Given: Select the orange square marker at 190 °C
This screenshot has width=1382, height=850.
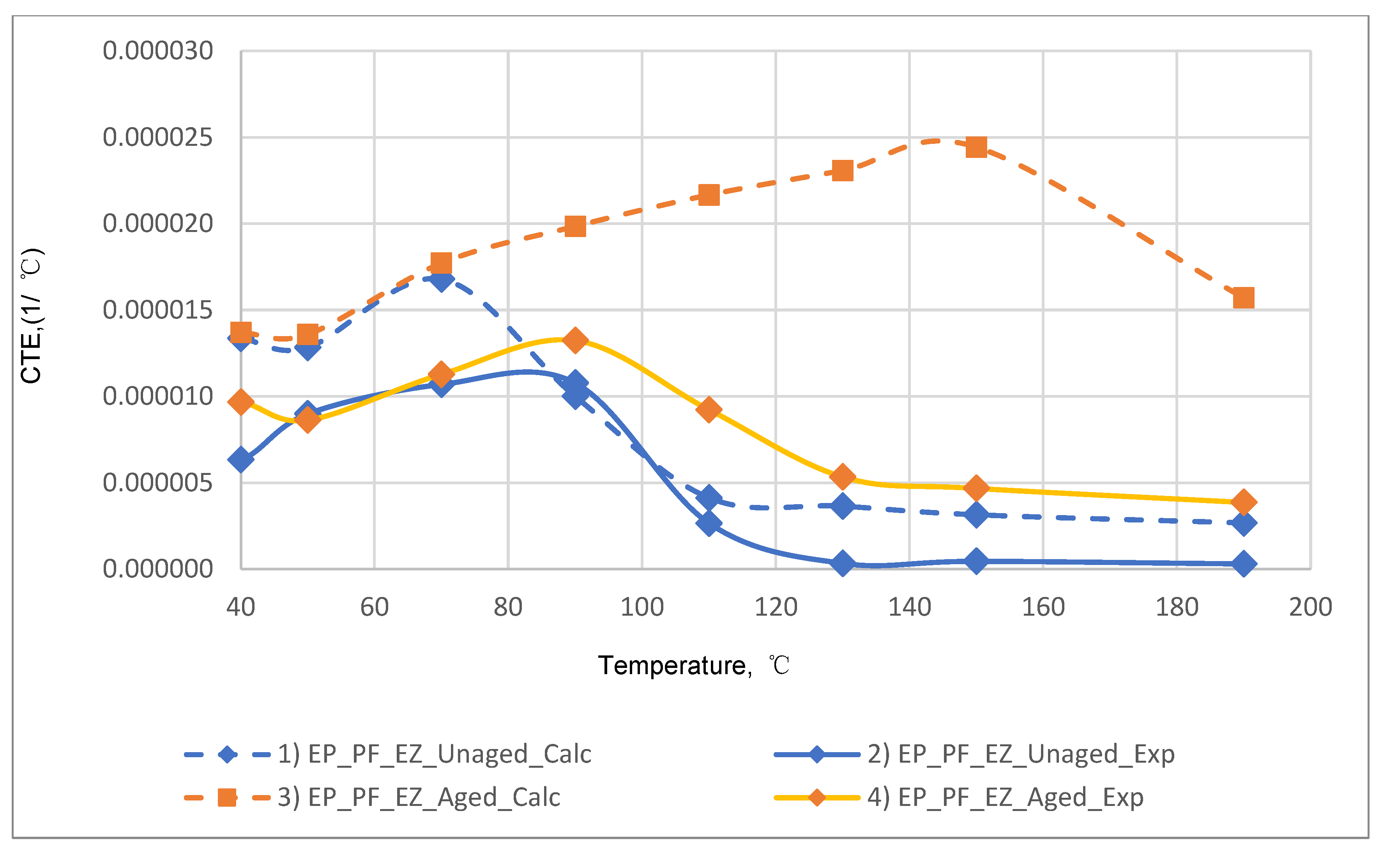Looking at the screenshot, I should (1243, 297).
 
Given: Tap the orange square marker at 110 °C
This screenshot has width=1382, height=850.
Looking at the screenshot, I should (709, 195).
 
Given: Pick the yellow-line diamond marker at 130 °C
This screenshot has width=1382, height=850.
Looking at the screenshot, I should (842, 477).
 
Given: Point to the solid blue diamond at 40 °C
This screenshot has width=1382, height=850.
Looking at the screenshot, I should (240, 460).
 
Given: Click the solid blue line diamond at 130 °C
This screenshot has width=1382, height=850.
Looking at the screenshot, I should (842, 563).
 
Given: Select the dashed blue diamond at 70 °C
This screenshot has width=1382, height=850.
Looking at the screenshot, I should (441, 280).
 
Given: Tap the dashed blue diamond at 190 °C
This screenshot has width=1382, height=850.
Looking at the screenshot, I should (1243, 523).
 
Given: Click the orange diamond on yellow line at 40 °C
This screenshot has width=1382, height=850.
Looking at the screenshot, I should (241, 402).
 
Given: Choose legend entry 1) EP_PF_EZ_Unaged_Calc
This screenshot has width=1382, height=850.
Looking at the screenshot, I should (434, 754).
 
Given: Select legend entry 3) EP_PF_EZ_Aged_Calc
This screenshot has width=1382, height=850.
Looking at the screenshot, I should (419, 797).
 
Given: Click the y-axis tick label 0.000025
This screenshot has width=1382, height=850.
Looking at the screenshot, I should (158, 138).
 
